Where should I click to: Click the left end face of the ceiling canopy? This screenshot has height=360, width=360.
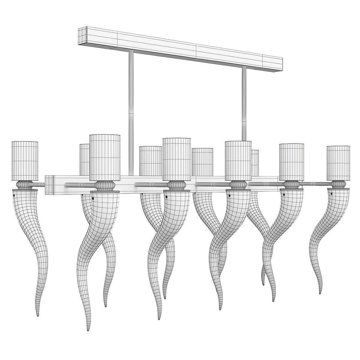coord(82,36)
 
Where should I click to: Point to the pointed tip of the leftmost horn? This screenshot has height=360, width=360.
coord(38,316)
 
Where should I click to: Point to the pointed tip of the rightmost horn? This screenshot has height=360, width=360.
coord(320,292)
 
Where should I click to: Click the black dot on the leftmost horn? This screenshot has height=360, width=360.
coord(14,196)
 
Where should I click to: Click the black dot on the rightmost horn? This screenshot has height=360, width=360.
coord(331,194)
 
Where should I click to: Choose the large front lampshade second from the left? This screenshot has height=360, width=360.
coord(105,157)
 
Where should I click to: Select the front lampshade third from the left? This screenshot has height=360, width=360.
coord(176,159)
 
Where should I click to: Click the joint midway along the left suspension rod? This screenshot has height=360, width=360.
coord(131,113)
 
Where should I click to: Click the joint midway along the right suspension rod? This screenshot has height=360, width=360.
coord(244,121)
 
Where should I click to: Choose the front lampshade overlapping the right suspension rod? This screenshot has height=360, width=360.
coord(238,160)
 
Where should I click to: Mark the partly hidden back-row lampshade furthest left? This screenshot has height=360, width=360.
coord(84,159)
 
